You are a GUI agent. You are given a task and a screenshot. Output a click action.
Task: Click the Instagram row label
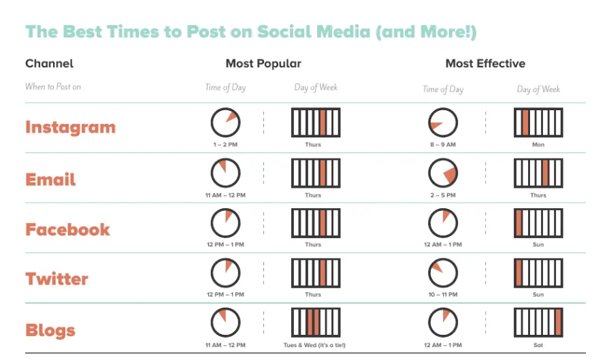pos(70,127)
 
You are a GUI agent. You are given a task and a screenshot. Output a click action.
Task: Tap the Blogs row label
pos(50,331)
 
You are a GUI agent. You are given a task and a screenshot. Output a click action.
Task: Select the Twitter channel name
pos(56,279)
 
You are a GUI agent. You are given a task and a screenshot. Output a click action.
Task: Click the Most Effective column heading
pos(485,63)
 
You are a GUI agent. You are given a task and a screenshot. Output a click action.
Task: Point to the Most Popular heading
pos(263,63)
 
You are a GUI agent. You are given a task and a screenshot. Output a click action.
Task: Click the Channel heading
pos(49,63)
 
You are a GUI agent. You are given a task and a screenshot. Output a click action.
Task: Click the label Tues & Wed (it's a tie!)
pos(314,345)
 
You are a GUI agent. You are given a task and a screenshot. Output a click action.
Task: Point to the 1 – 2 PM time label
pos(225,144)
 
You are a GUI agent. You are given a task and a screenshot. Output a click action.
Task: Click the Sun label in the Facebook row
pos(538,244)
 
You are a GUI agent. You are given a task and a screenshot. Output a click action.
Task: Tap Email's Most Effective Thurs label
pos(538,195)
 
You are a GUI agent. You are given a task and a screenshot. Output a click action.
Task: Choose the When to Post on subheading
pos(53,86)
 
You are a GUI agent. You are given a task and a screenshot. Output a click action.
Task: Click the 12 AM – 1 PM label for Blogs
pos(443,345)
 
